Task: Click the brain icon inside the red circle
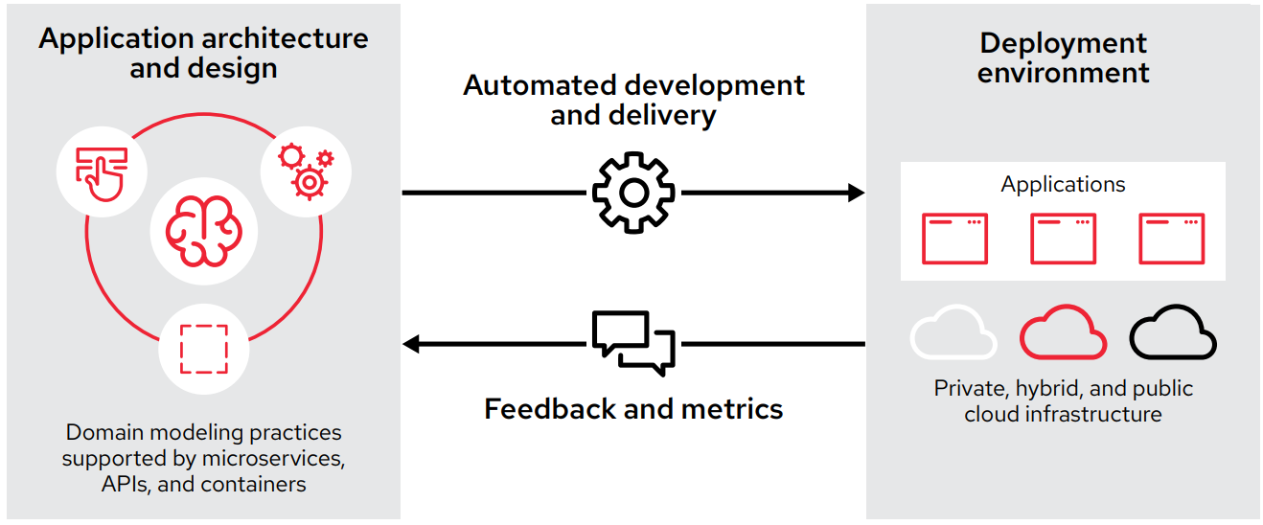pos(203,230)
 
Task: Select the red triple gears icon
pos(306,171)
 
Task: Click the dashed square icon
pos(203,349)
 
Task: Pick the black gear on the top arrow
pos(633,193)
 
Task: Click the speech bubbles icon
pos(633,343)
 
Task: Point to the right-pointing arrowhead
pos(855,193)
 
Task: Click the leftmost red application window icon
pos(954,239)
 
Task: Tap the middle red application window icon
pos(1063,239)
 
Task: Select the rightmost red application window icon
pos(1171,239)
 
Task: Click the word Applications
pos(1063,185)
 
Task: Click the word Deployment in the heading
pos(1063,43)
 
